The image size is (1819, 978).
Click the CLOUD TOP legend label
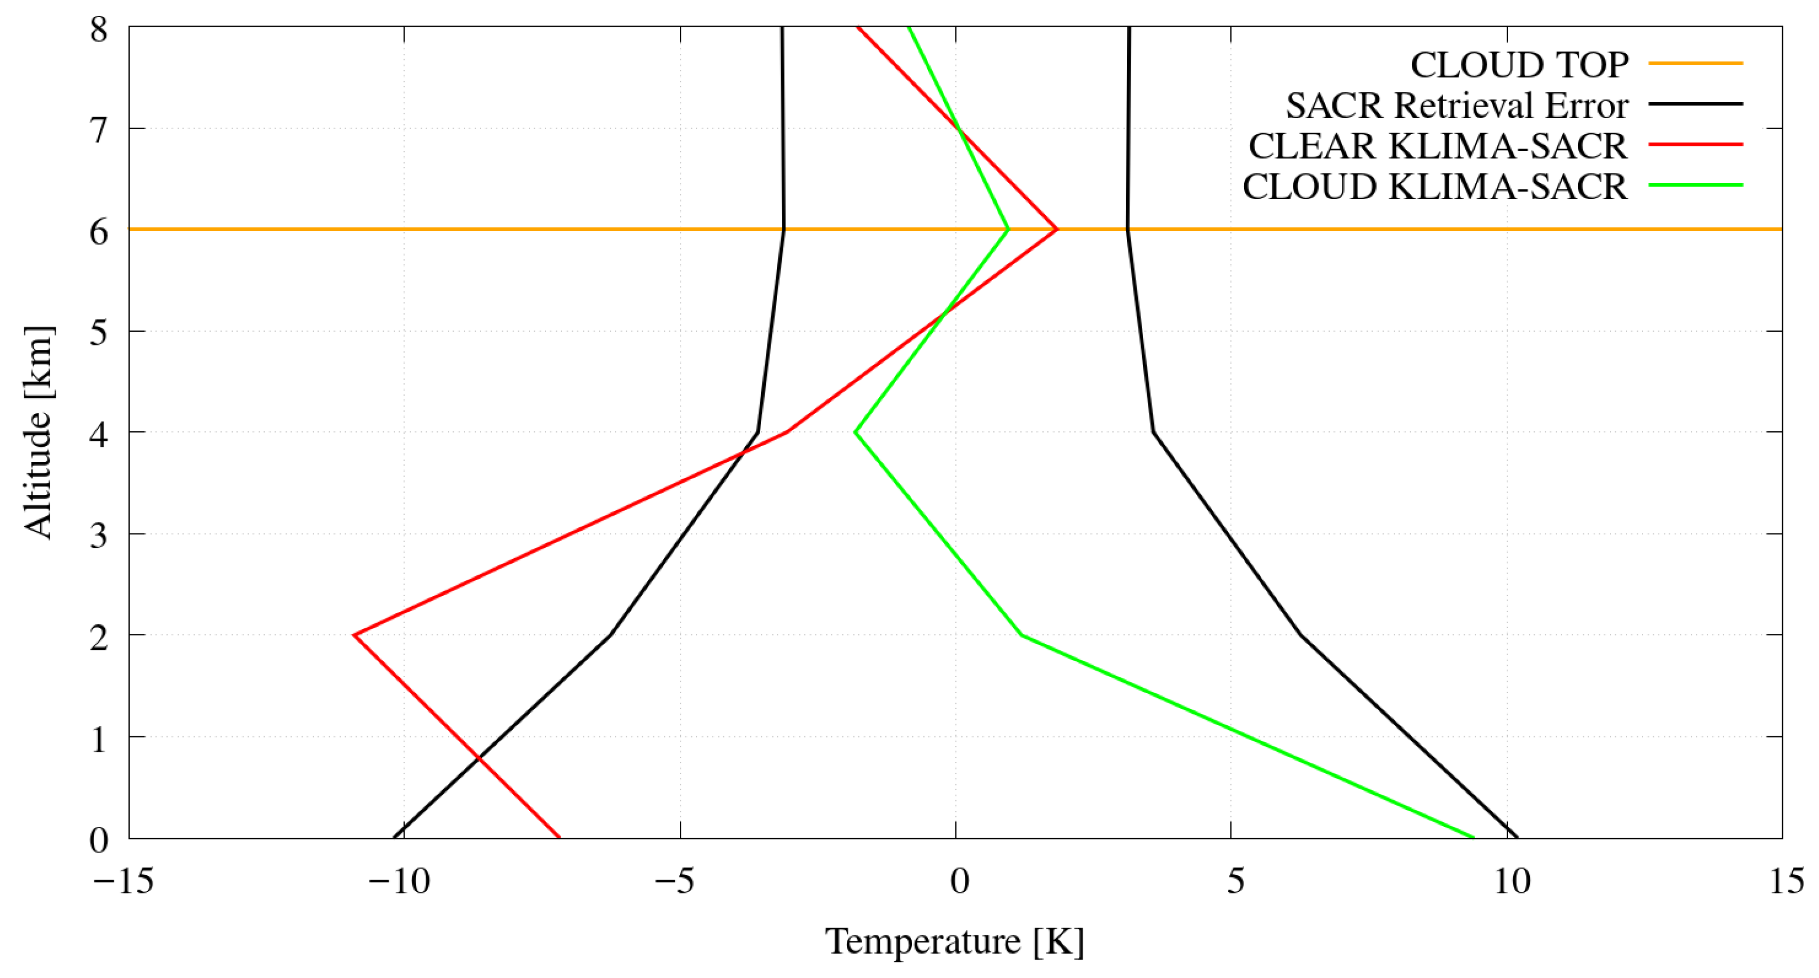pos(1519,65)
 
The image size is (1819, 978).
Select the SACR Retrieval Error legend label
pos(1457,106)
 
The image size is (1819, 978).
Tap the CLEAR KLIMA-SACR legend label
pos(1438,146)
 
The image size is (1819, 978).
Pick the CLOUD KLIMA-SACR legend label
pos(1434,187)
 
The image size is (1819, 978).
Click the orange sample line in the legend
pos(1695,63)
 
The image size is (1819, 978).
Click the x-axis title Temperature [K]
pos(955,941)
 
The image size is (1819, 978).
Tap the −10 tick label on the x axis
pos(400,882)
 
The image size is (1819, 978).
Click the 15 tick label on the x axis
pos(1787,882)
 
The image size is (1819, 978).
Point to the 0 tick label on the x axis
pos(958,882)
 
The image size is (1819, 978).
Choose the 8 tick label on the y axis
pos(99,30)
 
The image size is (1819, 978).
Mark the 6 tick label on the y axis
pos(99,232)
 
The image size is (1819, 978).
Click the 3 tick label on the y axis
pos(99,536)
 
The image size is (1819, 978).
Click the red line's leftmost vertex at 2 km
pos(354,635)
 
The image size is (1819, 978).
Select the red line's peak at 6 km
pos(1057,229)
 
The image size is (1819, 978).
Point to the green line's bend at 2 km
pos(1021,635)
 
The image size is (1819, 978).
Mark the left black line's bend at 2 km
pos(610,635)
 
